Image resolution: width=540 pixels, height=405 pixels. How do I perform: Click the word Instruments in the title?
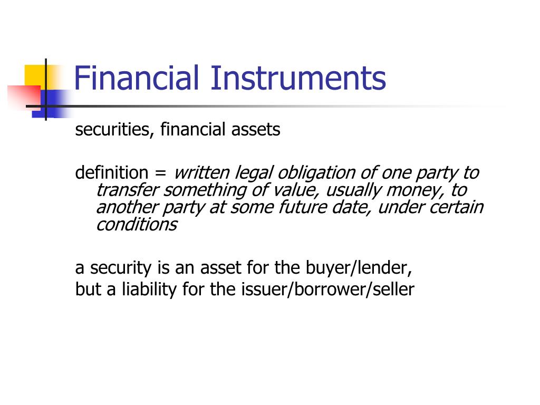point(298,78)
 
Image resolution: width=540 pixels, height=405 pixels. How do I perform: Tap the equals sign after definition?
point(160,173)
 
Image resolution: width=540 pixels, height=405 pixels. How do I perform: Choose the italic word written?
point(201,172)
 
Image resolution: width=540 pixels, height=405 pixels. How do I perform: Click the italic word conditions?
point(136,224)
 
